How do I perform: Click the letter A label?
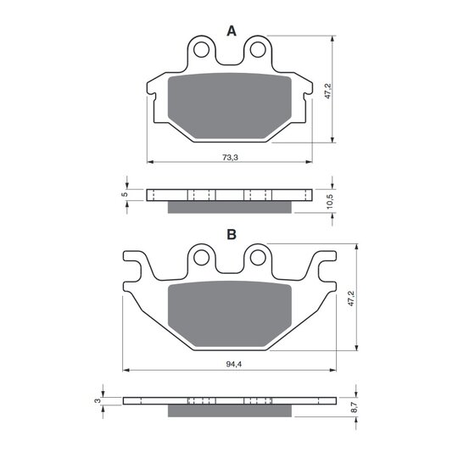[232, 31]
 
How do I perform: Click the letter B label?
[232, 234]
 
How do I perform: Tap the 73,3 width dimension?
[231, 158]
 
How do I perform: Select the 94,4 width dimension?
[234, 364]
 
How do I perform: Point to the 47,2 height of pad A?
[327, 91]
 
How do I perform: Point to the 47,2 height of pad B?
[351, 299]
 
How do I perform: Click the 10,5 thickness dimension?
[330, 202]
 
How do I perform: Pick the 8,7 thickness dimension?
[354, 406]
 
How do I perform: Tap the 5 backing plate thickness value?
[125, 194]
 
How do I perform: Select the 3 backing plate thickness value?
[98, 400]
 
